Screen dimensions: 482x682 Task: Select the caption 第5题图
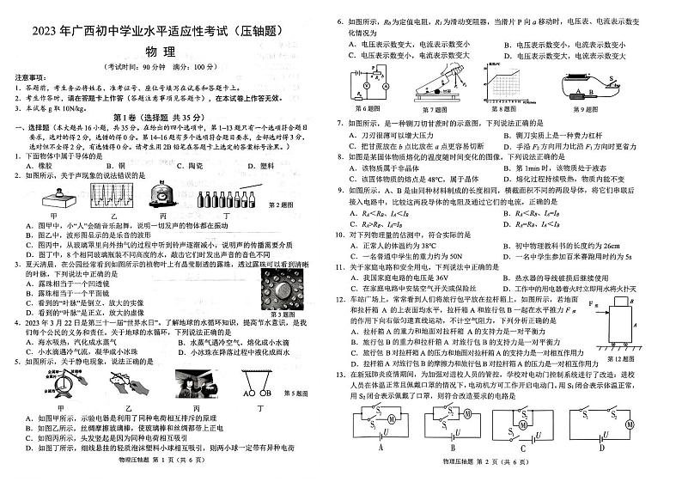[308, 394]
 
